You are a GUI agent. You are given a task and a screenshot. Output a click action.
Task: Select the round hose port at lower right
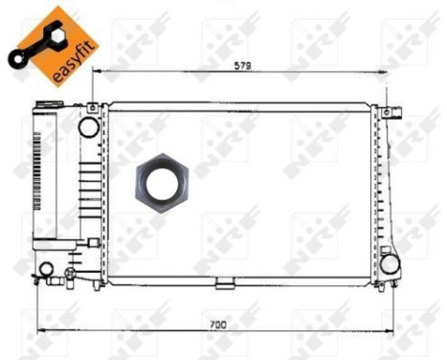[x=389, y=260]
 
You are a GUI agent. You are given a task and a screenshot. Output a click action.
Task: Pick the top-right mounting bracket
[x=387, y=112]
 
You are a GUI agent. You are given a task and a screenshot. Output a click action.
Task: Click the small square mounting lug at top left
[x=92, y=110]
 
